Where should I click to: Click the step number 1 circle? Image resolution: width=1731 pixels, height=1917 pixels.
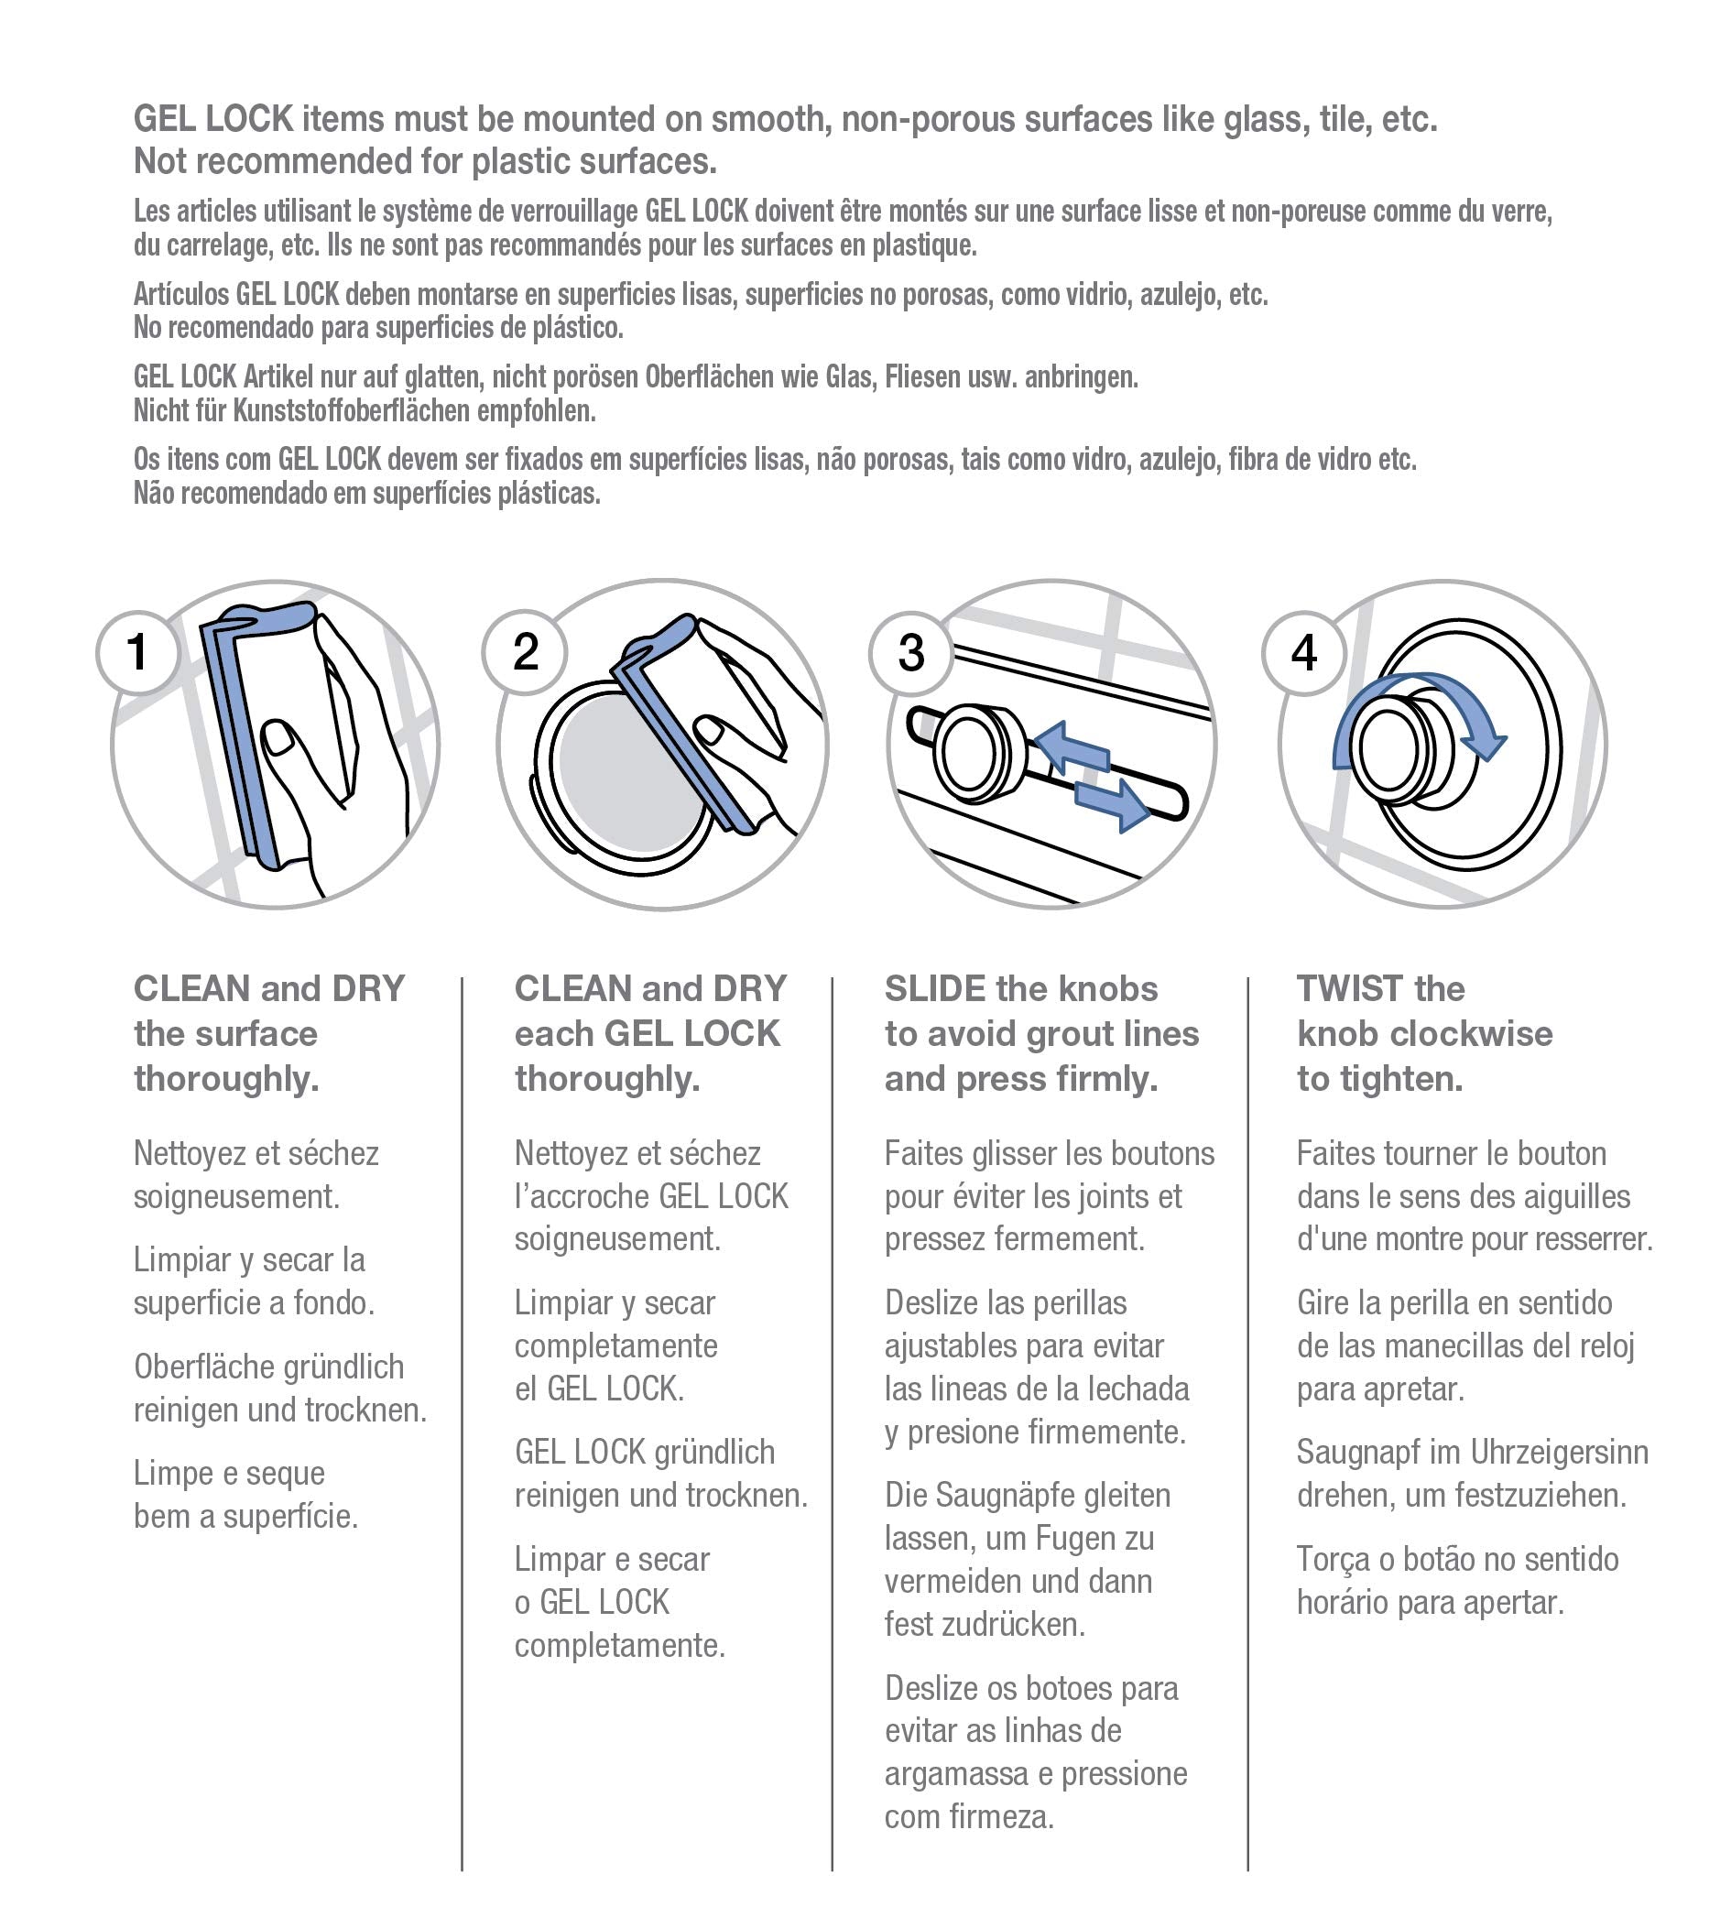138,653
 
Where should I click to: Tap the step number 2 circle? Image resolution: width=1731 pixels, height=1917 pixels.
525,653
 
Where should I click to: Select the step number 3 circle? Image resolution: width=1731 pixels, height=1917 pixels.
911,653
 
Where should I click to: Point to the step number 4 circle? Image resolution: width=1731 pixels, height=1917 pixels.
1304,653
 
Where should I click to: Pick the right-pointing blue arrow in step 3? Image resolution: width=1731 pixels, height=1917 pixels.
1113,801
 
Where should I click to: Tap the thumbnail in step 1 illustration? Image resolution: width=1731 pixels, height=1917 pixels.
278,737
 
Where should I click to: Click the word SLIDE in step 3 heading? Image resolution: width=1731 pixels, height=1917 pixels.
935,990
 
